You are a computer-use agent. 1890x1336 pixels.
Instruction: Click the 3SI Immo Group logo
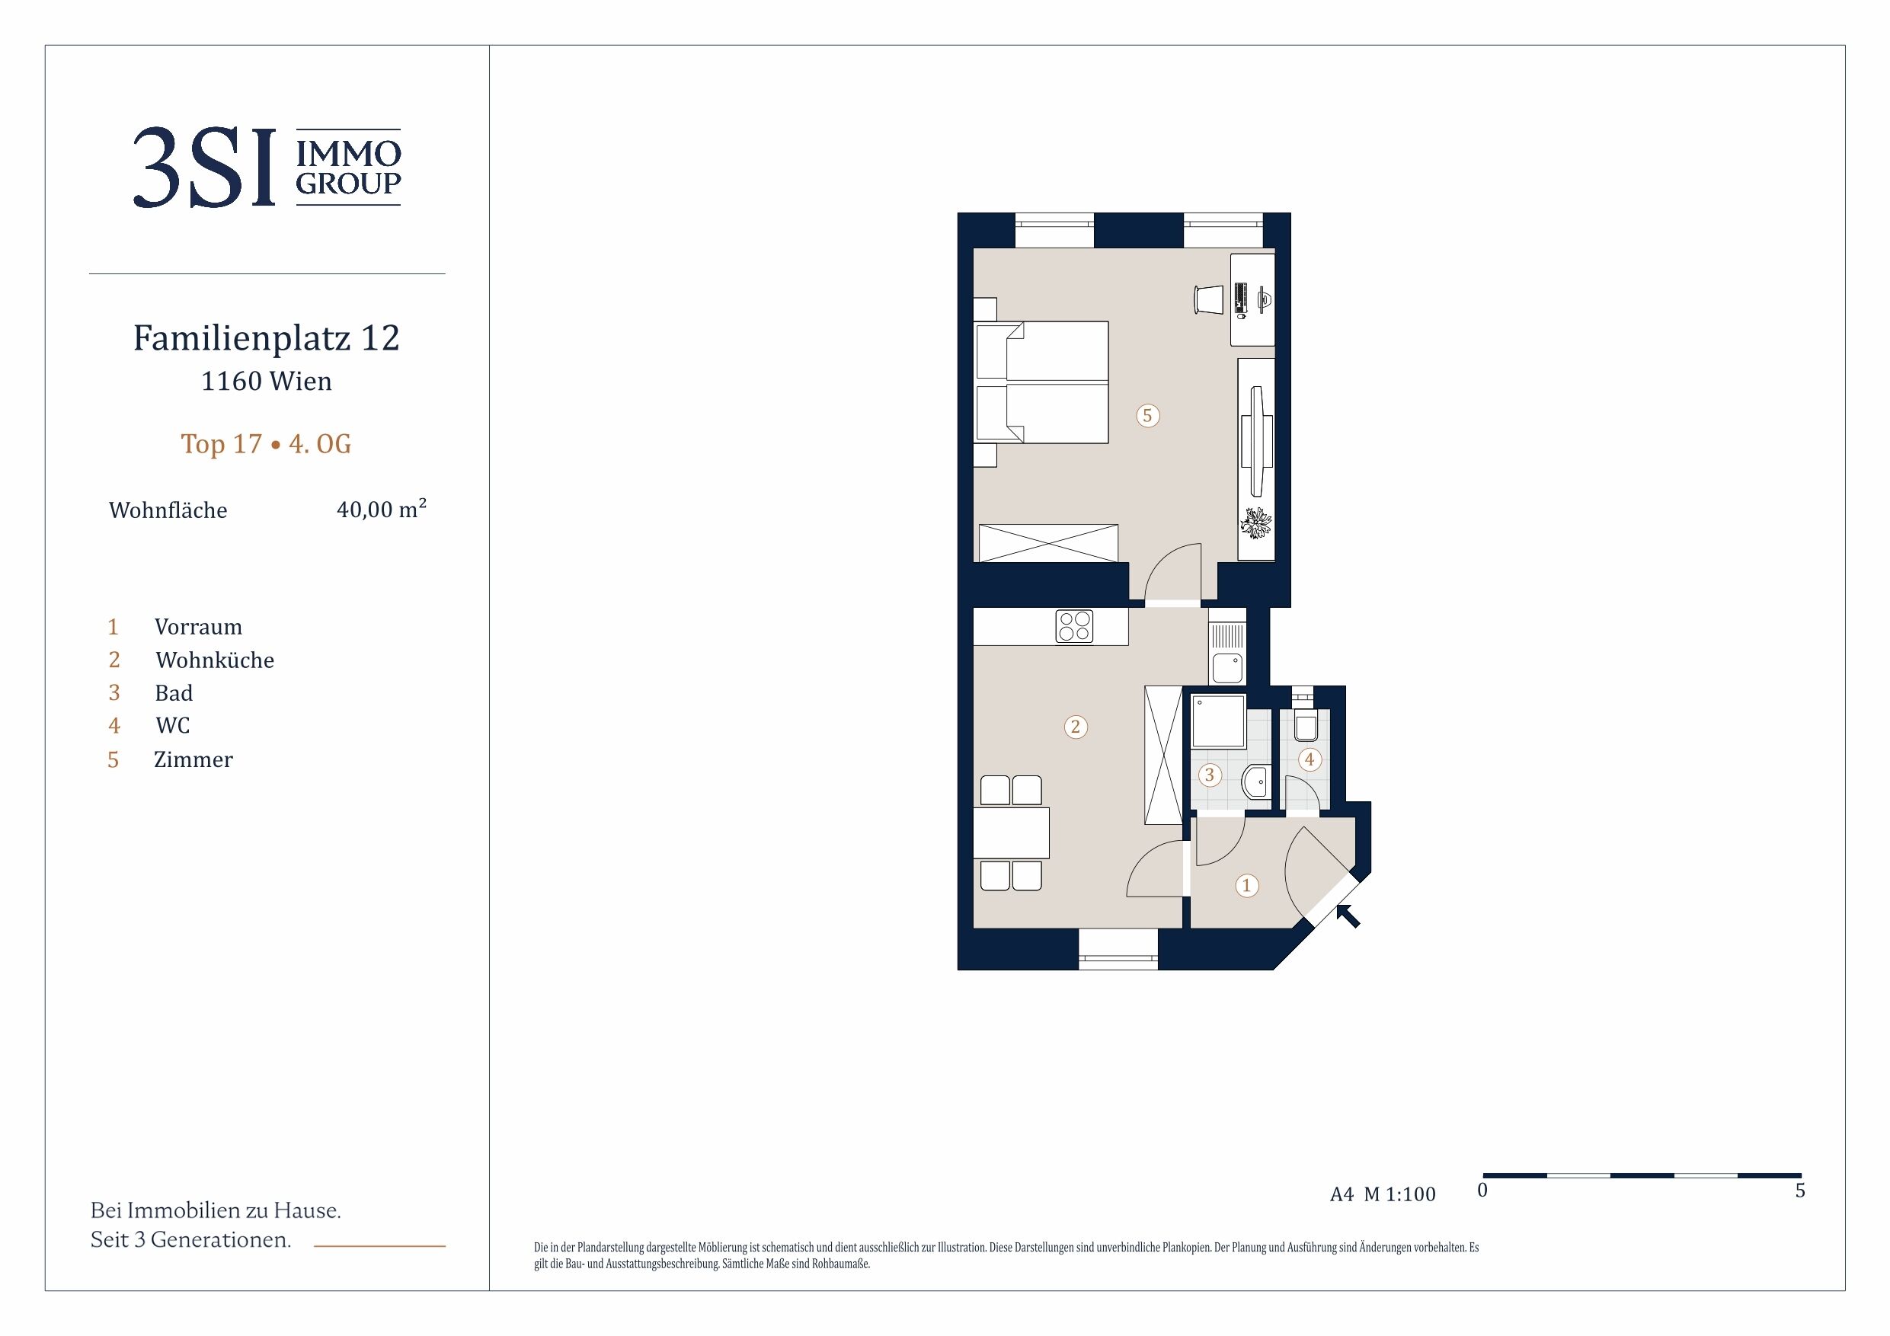point(267,167)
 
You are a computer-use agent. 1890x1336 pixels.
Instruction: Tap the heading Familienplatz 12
point(267,337)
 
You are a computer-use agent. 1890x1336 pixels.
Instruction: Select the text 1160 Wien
point(267,381)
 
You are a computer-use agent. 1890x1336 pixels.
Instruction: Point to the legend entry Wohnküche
point(215,660)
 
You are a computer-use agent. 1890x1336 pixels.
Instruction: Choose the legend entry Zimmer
point(193,759)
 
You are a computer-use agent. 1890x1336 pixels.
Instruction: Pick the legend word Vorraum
point(198,628)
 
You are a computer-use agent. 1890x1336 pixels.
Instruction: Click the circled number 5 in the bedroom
point(1147,416)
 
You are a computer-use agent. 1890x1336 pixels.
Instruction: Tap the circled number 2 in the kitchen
point(1075,727)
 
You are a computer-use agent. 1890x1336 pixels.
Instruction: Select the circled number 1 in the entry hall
point(1246,886)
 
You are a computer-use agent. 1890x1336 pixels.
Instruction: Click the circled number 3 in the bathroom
point(1209,775)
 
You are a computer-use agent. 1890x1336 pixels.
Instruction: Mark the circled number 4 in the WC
point(1310,759)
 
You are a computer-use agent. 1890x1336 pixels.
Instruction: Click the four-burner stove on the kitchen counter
point(1074,626)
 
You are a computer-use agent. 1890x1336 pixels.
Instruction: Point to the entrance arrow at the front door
point(1348,916)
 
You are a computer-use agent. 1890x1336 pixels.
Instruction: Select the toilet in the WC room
point(1306,722)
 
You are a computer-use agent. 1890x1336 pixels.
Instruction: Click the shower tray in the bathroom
point(1218,722)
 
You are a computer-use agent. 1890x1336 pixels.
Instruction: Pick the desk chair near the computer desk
point(1208,299)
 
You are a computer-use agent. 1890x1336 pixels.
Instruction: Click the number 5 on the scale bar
point(1799,1191)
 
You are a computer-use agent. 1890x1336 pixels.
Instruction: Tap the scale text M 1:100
point(1399,1194)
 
